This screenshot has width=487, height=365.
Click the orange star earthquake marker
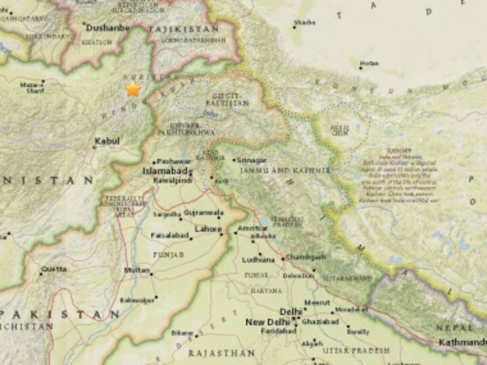pos(133,90)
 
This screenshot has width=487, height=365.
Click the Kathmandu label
pos(462,342)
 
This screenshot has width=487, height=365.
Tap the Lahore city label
pos(208,229)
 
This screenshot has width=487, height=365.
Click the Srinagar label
pos(250,160)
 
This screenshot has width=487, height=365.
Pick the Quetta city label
pos(53,268)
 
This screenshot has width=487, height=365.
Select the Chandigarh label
pos(306,258)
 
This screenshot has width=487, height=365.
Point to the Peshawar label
pos(172,162)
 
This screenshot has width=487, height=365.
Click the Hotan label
pos(369,63)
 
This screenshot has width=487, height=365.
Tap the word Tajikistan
pos(183,30)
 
